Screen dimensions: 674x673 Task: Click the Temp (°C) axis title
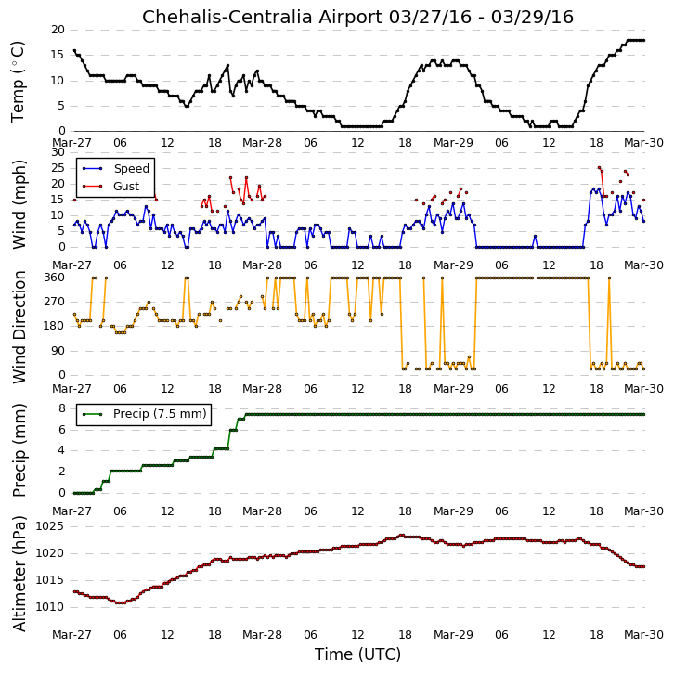[18, 82]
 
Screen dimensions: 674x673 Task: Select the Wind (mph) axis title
[19, 204]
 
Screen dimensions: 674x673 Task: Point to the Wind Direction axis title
[19, 327]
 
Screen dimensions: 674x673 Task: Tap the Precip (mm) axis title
[19, 450]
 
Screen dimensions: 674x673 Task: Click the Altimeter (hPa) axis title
[19, 574]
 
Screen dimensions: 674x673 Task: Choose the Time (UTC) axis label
[357, 654]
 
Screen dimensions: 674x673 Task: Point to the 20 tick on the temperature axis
[58, 30]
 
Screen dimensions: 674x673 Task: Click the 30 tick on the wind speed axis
[58, 152]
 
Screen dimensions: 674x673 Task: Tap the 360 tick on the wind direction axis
[55, 278]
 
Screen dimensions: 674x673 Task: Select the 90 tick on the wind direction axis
[58, 351]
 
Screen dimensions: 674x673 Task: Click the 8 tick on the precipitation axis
[62, 408]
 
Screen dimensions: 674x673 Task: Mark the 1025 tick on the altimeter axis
[49, 526]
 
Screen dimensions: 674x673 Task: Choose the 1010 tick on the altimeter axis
[49, 607]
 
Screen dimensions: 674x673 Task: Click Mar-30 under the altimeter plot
[643, 635]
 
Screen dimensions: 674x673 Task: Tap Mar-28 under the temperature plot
[262, 143]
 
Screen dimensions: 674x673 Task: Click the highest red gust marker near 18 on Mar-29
[599, 168]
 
